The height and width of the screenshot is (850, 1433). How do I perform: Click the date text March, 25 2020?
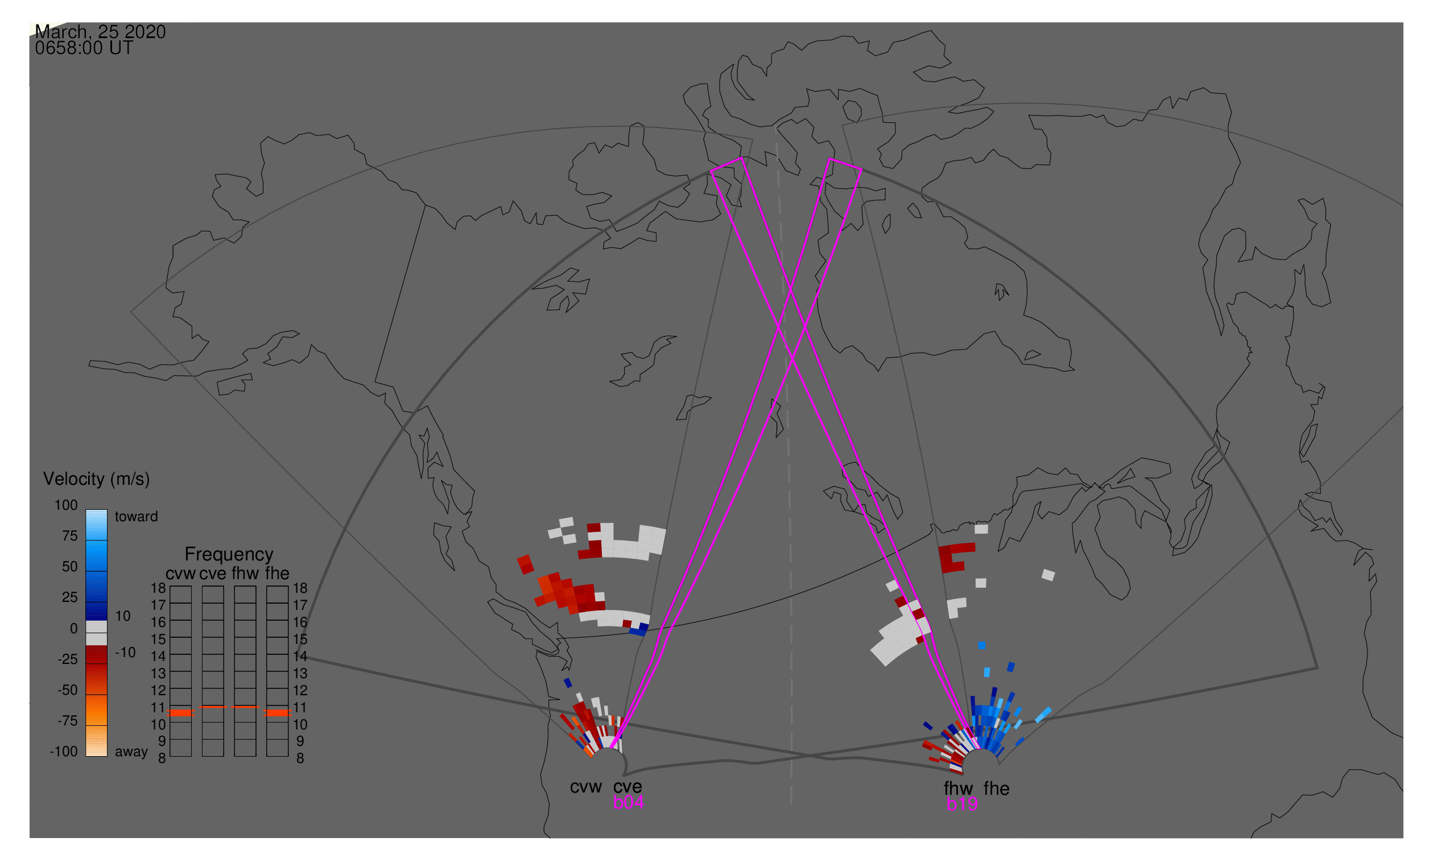[100, 31]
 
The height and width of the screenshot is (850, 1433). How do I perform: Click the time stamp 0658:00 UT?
[84, 48]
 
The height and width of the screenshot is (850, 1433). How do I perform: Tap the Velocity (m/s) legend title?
[97, 480]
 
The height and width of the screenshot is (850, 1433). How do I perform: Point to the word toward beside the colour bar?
[137, 517]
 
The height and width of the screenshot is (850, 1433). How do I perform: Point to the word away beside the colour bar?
[131, 752]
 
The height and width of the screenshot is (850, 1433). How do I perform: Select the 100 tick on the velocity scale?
[66, 505]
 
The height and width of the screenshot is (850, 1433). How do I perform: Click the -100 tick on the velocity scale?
[64, 752]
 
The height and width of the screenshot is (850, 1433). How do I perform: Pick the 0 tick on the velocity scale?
[74, 629]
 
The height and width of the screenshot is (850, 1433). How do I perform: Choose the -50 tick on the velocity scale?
[68, 690]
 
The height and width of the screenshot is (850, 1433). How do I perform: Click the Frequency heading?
[229, 555]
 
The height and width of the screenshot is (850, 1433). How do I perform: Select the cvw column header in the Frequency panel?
[181, 573]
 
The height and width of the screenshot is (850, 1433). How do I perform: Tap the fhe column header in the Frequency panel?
[277, 573]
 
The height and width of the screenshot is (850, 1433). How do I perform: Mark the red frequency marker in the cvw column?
[181, 713]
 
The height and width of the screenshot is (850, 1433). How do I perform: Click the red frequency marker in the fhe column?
[277, 713]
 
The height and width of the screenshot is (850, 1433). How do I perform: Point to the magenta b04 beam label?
[628, 803]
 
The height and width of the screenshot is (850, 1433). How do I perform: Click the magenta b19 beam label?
[962, 804]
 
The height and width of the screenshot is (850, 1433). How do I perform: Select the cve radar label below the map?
[627, 787]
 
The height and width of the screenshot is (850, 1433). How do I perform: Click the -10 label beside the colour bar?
[125, 653]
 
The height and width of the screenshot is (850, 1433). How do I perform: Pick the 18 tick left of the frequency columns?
[159, 588]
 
